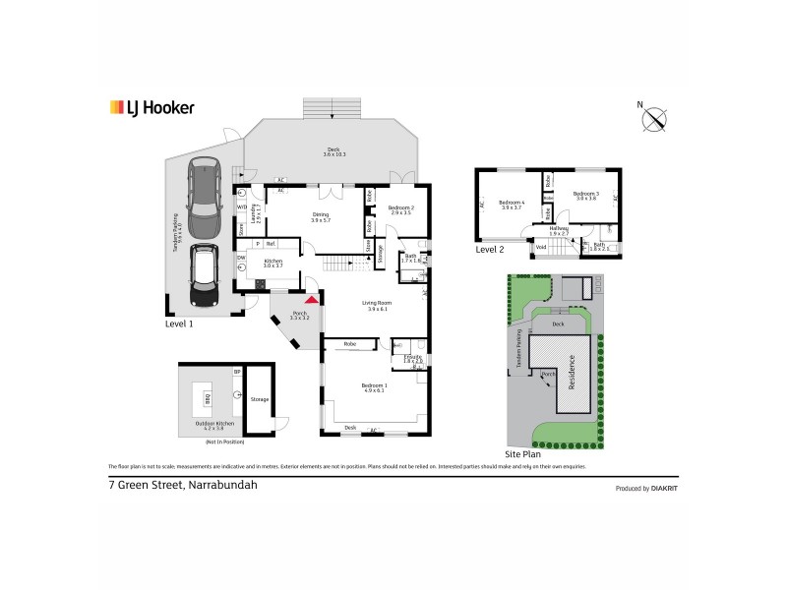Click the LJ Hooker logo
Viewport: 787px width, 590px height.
151,107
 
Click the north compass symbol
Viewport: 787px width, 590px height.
653,118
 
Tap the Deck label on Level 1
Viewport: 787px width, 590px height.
333,152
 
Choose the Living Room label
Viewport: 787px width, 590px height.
378,306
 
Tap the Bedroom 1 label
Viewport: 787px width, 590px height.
374,386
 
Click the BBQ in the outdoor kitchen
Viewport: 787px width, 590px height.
208,398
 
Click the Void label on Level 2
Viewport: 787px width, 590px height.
541,247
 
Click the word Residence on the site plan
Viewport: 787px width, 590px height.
572,371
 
